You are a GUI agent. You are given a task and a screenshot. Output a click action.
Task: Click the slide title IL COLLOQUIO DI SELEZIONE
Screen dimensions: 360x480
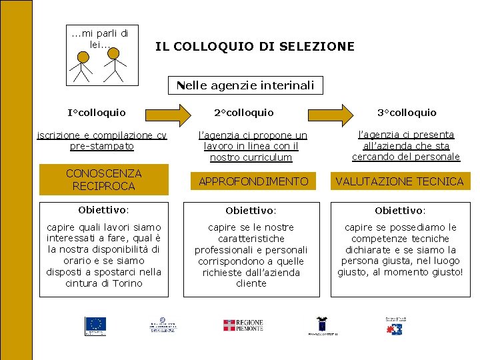(x=255, y=47)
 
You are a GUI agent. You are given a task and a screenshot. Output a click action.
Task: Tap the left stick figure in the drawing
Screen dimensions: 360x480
(x=83, y=66)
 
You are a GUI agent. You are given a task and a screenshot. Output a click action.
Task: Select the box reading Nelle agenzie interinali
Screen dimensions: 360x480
(x=245, y=85)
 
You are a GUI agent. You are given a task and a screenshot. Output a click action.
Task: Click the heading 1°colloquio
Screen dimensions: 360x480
(x=97, y=113)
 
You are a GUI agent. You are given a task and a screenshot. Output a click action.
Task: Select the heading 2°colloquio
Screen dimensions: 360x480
(x=244, y=113)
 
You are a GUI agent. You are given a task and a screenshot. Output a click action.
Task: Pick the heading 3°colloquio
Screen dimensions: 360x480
(x=407, y=113)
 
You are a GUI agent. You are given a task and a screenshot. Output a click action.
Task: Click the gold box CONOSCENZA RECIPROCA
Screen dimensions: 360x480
(x=104, y=180)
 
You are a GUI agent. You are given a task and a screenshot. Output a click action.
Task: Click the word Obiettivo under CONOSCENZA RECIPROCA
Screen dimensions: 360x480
(x=103, y=210)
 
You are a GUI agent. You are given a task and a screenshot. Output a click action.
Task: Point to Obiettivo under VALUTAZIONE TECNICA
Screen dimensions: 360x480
(x=400, y=211)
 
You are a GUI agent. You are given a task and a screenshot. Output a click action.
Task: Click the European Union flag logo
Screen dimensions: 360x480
(x=95, y=325)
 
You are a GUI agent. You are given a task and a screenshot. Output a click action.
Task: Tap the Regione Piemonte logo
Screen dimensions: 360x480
(x=243, y=325)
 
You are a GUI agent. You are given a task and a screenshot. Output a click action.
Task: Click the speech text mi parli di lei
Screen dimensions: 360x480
(x=101, y=39)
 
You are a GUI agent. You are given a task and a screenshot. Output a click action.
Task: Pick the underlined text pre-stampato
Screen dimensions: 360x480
(x=102, y=146)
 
